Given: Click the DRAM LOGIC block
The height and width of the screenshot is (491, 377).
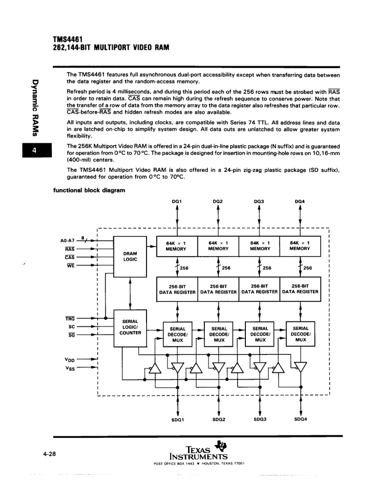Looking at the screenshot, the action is tap(130, 256).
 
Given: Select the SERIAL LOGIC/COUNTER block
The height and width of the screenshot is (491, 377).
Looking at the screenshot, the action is tap(130, 328).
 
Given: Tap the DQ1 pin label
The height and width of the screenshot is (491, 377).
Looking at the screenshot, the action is tap(177, 202).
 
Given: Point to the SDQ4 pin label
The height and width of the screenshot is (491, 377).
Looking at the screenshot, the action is tap(301, 419).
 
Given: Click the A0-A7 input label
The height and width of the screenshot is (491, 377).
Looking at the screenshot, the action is tap(68, 240).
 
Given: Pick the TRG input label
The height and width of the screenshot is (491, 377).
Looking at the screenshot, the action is tap(70, 319).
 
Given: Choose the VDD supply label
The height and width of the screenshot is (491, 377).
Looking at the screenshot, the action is tap(70, 360).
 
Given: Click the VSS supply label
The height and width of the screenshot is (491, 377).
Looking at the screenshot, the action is tap(70, 368).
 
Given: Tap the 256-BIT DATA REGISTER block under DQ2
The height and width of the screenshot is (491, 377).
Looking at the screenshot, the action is tap(218, 289).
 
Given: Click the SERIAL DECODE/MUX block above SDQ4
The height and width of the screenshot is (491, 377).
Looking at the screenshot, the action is tap(301, 334).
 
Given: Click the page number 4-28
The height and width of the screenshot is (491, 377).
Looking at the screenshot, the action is tap(49, 454).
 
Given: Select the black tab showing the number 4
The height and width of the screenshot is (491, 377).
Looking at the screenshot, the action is tap(37, 150).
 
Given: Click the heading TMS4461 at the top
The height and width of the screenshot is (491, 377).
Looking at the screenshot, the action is tap(68, 40).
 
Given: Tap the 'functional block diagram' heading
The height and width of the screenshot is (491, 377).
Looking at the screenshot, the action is tap(89, 190).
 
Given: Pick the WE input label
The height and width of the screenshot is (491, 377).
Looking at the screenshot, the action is tap(71, 266).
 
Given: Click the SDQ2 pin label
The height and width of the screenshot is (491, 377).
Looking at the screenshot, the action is tap(219, 419).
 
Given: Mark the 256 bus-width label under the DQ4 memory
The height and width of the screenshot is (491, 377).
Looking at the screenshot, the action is tap(308, 268).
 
